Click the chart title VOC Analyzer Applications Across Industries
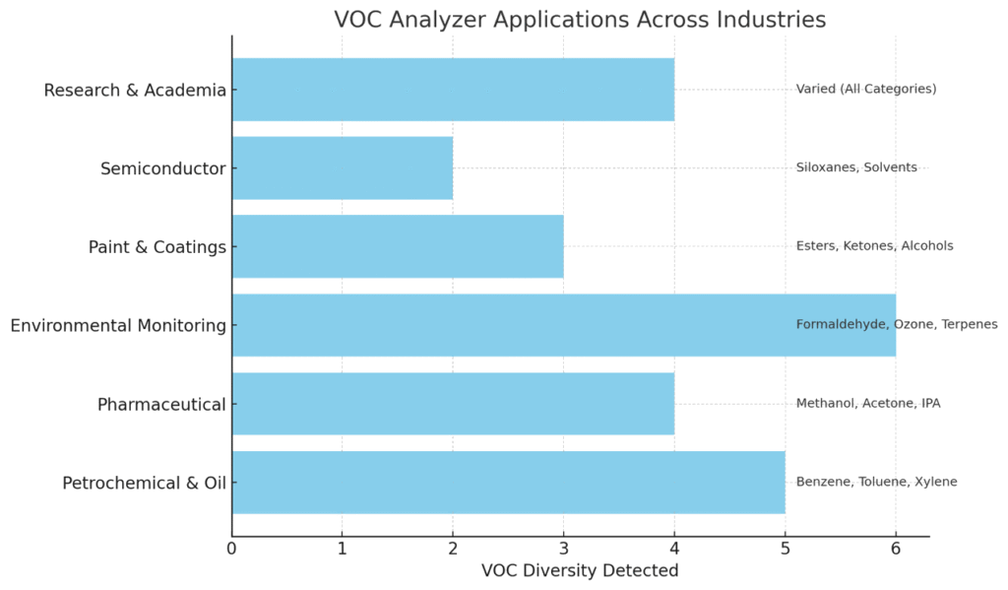[580, 20]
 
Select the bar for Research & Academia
[453, 90]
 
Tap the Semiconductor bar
[343, 168]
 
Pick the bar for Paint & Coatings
[398, 246]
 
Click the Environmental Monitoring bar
[512, 325]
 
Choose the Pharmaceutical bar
[453, 404]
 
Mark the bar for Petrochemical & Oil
[508, 483]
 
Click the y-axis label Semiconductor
[163, 168]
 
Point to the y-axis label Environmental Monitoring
[118, 325]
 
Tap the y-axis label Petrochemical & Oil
[144, 483]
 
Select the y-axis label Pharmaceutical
[161, 404]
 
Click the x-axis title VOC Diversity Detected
[580, 570]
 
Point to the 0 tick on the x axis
[232, 549]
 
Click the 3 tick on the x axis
[564, 549]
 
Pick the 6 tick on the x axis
[896, 549]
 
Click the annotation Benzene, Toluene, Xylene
[876, 483]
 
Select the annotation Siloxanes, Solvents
[856, 168]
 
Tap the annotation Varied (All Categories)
[866, 90]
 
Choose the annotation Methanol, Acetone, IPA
[868, 404]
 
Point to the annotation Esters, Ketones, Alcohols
[874, 246]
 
